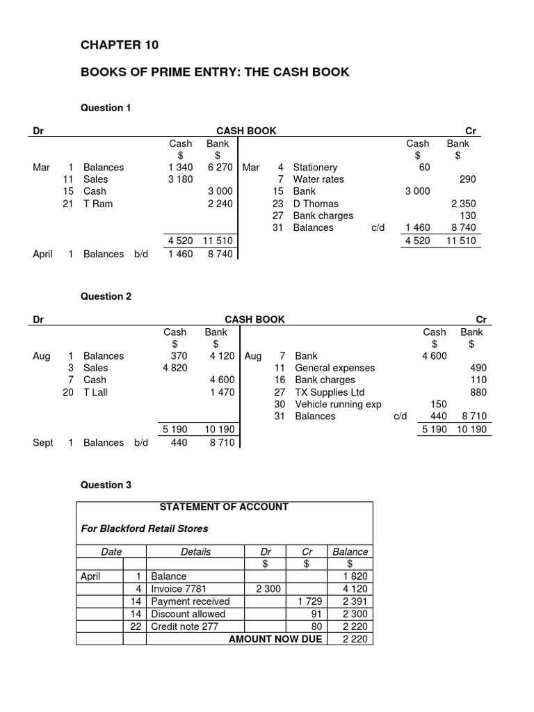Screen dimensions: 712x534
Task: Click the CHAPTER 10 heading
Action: [x=120, y=45]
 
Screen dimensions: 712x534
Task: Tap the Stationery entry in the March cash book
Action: [x=315, y=168]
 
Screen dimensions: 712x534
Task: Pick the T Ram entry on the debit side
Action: [x=97, y=204]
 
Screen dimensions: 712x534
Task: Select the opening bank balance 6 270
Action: [x=218, y=168]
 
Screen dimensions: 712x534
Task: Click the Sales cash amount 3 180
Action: [x=180, y=179]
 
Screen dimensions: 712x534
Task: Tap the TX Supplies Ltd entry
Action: [x=330, y=392]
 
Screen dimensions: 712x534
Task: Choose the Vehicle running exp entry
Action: [x=338, y=404]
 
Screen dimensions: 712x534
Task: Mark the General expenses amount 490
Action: [x=479, y=368]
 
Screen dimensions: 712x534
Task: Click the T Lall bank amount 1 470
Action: [x=222, y=392]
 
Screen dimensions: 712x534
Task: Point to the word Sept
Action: [x=42, y=443]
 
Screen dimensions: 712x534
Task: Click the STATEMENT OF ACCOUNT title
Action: [x=224, y=507]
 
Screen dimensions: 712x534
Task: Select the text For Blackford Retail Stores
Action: [x=145, y=528]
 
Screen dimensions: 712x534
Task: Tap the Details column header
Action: [x=195, y=552]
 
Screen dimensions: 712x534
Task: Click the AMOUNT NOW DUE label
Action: [x=275, y=639]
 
